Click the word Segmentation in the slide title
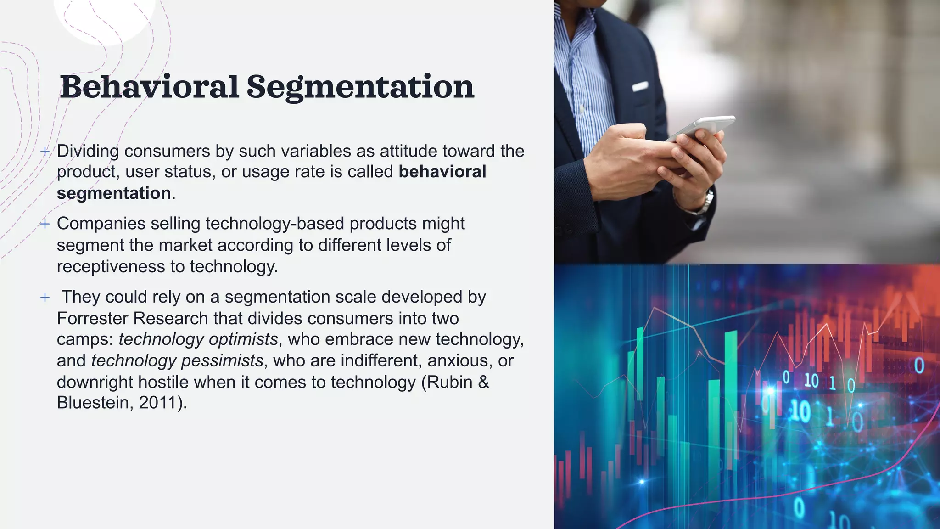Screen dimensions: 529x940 click(360, 87)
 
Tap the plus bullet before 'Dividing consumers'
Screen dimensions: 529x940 click(45, 151)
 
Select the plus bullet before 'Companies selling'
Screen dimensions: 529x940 click(45, 224)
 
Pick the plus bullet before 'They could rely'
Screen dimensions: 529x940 click(45, 297)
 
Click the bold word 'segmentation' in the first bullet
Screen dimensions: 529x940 click(114, 193)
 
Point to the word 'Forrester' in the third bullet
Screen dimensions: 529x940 click(93, 318)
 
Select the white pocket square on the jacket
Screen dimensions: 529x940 click(640, 86)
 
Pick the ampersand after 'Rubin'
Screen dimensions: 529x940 click(483, 382)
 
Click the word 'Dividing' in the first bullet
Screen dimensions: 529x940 click(88, 151)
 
